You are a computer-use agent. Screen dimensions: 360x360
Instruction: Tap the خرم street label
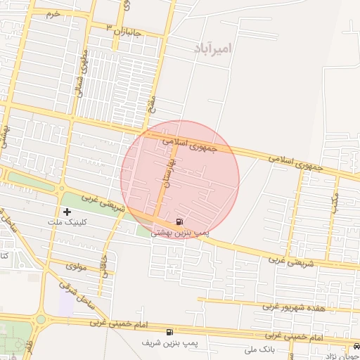52,14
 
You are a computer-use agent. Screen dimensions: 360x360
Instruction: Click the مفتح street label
154,103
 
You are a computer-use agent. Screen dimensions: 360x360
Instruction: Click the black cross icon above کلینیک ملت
67,211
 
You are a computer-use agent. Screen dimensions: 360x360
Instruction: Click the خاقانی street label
105,263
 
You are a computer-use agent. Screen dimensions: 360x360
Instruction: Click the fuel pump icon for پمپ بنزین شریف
169,332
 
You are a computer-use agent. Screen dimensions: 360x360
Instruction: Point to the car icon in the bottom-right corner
356,347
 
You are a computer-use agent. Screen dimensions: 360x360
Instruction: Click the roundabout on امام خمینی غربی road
40,319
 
